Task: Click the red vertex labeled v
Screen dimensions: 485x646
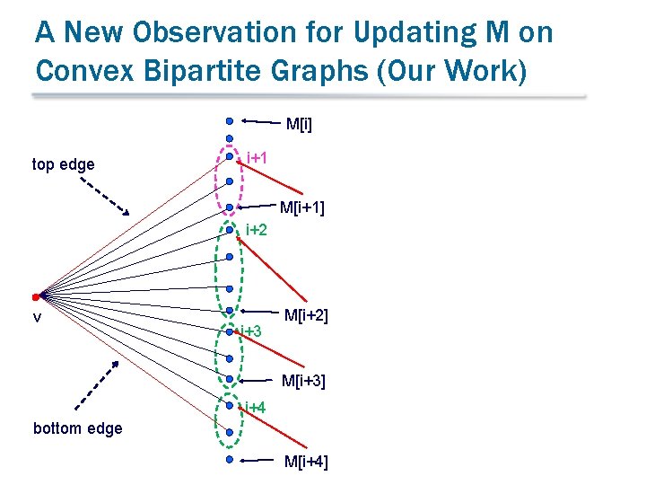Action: (35, 295)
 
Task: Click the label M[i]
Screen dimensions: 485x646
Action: (299, 122)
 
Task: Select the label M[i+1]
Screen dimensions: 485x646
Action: (302, 208)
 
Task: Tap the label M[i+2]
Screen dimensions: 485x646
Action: (306, 315)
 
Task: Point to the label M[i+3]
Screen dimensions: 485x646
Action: (303, 381)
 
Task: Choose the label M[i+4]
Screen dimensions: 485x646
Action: (306, 462)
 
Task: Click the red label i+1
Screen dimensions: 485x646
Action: (257, 159)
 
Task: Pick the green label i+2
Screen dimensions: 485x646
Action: (257, 230)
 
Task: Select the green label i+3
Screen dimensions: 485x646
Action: (252, 332)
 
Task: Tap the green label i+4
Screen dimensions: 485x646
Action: (256, 408)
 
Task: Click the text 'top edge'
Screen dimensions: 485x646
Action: (63, 164)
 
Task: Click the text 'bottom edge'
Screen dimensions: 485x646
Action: (77, 428)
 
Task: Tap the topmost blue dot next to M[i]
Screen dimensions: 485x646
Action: (230, 120)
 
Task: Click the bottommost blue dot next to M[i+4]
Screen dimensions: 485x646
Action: (230, 459)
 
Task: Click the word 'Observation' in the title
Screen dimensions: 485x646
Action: (202, 33)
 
